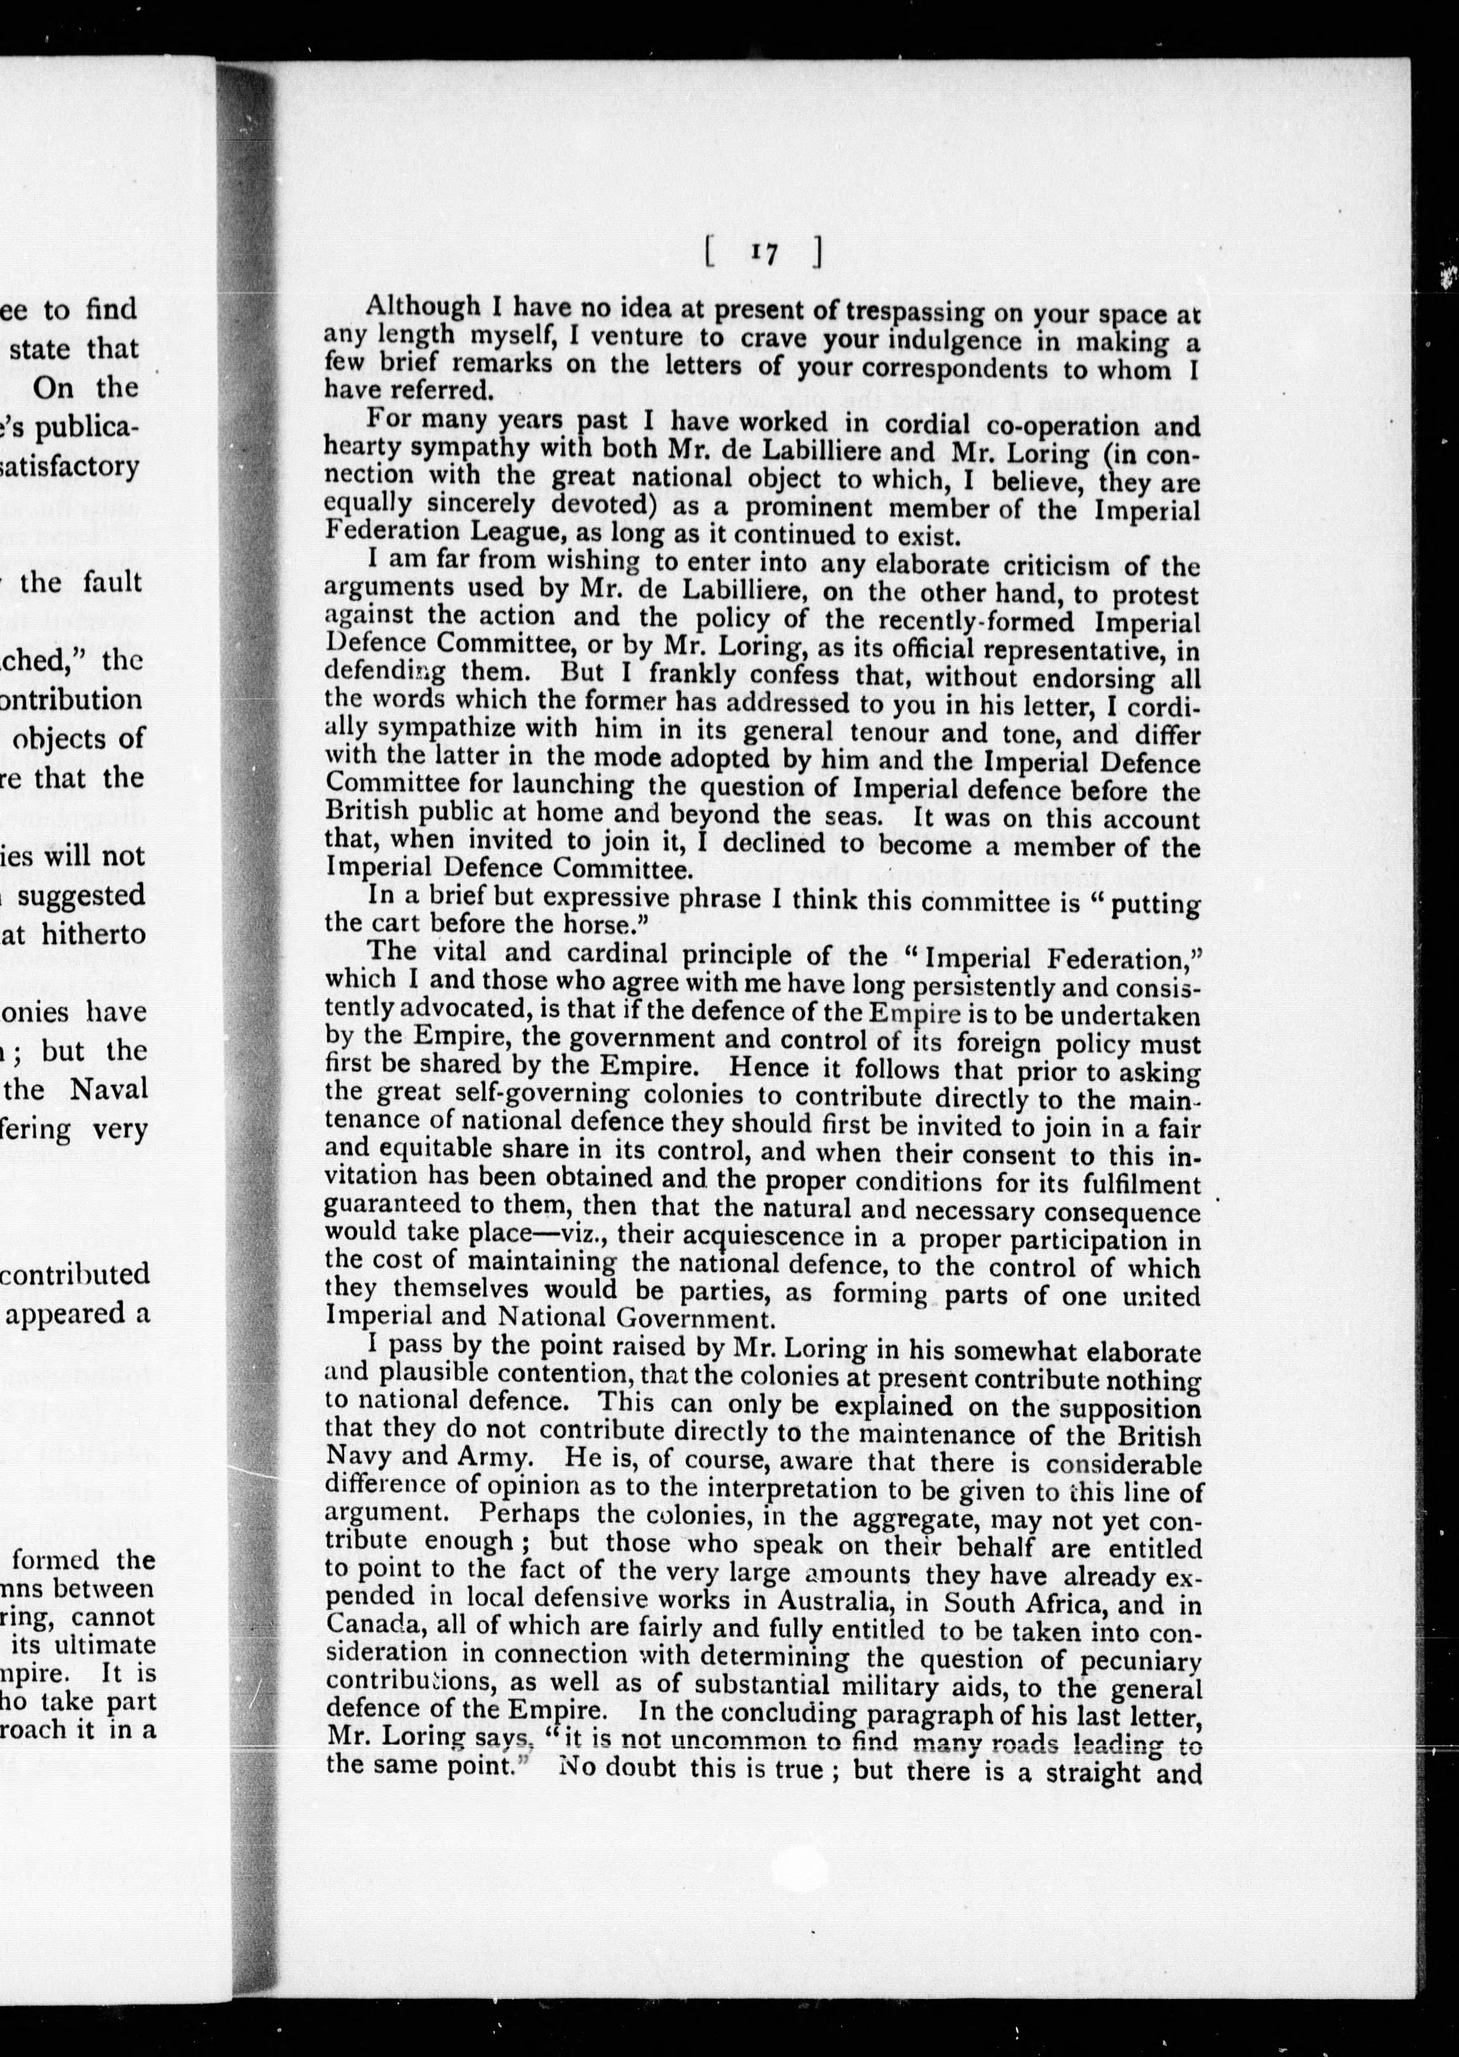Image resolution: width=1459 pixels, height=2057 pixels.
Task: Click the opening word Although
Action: [422, 307]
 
